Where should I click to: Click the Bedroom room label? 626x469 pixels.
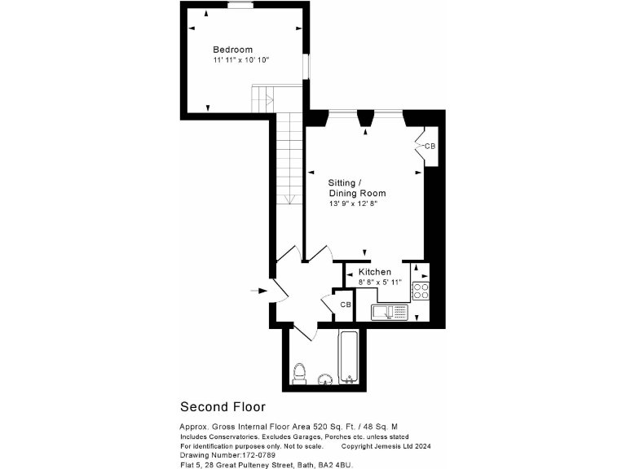pos(232,49)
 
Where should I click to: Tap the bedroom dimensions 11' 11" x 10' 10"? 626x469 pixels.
pos(241,60)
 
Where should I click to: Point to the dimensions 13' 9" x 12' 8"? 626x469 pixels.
pos(353,204)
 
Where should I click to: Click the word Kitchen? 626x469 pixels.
pos(374,271)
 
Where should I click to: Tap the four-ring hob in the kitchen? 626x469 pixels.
pos(421,291)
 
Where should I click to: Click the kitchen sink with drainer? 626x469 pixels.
pos(392,311)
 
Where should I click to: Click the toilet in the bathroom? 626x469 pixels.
pos(299,375)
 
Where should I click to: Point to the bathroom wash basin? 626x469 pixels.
pos(324,379)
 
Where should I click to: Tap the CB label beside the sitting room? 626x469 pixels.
pos(430,147)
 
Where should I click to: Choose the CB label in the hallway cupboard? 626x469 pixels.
pos(345,305)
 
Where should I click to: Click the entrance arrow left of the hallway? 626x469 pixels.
pos(258,290)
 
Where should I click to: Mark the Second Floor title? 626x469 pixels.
pos(223,406)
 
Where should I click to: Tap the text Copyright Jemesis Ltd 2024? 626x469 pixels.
pos(386,445)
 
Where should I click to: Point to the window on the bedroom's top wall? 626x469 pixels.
pos(240,4)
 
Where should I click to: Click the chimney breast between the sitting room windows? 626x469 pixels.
pos(366,117)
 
